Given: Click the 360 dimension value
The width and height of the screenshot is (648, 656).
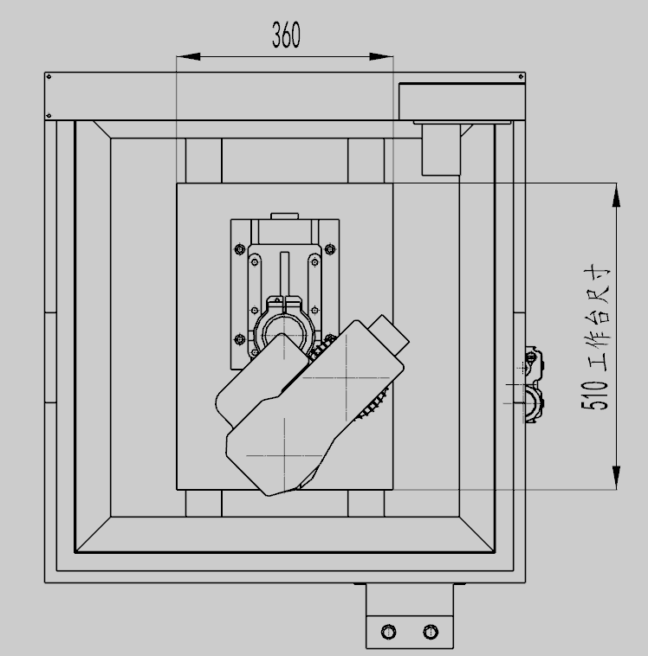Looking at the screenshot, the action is coord(286,35).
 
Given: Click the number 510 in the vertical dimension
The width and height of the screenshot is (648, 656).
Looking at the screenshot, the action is coord(594,396).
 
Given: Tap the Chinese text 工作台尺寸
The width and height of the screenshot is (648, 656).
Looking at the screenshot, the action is coord(598,318).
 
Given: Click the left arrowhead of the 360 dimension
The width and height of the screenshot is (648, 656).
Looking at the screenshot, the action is coord(188,56).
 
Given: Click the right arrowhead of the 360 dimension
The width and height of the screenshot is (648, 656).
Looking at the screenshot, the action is coord(381,56).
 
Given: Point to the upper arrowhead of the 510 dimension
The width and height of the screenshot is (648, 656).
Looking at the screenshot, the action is coord(616,195).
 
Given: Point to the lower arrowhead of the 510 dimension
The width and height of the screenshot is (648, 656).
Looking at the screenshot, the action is coord(616,477).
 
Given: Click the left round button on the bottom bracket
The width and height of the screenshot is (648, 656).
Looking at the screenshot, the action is coord(388,631).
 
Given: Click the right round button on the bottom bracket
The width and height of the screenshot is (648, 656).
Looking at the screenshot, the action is coord(431,631).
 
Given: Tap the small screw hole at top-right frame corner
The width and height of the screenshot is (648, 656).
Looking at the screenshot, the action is coord(521,76).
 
